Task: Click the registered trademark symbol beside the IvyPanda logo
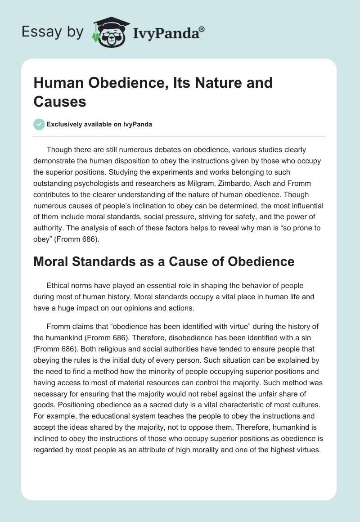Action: (x=202, y=29)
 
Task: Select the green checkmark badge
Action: (x=39, y=124)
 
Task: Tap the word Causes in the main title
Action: (x=59, y=101)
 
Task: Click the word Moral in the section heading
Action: (x=53, y=261)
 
